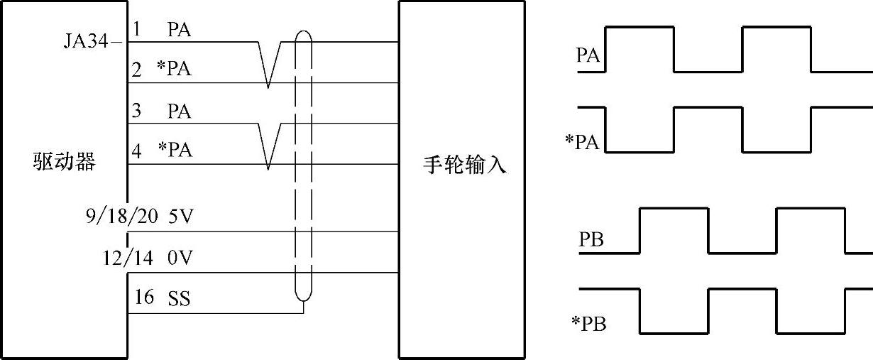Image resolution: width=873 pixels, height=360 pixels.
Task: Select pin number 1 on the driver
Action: coord(137,30)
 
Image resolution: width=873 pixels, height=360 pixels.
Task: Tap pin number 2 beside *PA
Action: coord(137,70)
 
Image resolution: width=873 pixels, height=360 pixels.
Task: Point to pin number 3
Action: coord(137,111)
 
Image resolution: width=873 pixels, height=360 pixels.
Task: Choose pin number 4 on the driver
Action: coord(137,151)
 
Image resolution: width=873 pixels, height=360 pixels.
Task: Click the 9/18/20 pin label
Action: coord(120,216)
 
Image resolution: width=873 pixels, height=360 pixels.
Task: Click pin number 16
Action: coord(144,298)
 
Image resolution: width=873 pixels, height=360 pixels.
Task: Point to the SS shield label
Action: coord(179,299)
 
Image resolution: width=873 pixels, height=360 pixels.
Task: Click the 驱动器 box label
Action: coord(64,162)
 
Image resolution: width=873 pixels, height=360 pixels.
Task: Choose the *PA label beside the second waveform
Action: coord(582,142)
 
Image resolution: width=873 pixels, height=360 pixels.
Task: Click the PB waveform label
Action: coord(591,240)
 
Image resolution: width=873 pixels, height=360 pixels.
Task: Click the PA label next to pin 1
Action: coord(180,30)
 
